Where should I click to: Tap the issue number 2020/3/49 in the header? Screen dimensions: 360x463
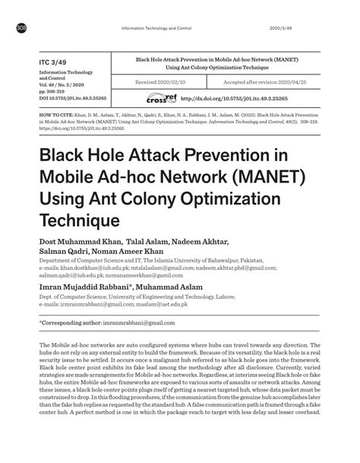pos(285,29)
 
